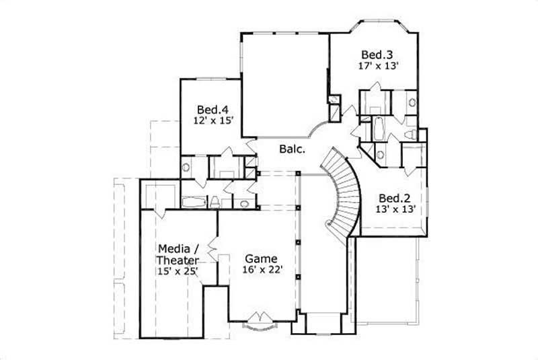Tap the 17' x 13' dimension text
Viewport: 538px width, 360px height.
click(x=379, y=66)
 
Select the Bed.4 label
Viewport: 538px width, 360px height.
click(x=212, y=109)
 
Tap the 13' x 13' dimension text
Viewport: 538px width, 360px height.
click(x=395, y=209)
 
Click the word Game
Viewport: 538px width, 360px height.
click(x=260, y=258)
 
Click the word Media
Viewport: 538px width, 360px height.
click(x=174, y=248)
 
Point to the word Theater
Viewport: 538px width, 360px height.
click(x=178, y=260)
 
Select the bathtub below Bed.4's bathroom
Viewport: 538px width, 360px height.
click(x=194, y=201)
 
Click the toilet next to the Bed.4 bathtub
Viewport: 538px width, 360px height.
click(x=215, y=201)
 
